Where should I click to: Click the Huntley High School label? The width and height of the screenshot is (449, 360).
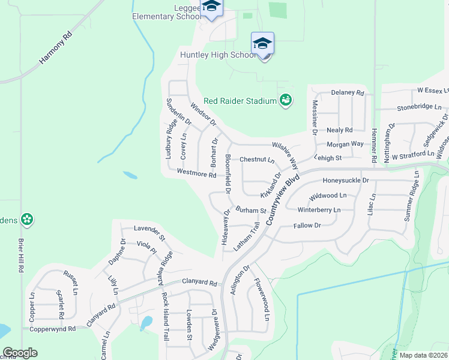coord(218,55)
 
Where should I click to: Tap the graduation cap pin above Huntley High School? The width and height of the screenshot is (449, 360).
coord(262,44)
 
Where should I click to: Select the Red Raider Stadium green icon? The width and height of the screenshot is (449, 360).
coord(286,100)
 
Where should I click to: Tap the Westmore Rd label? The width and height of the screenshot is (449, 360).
coord(196,174)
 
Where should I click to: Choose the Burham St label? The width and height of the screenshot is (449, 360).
coord(250,211)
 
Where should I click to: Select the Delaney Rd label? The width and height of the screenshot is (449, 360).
coord(348,93)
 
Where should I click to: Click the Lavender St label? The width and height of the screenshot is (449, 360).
coord(148,229)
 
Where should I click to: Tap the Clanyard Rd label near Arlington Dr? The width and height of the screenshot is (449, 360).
coord(200,282)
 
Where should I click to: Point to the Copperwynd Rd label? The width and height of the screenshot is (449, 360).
coord(55,329)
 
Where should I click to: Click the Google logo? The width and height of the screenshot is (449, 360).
coord(20,353)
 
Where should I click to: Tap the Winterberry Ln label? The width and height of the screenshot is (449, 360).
coord(319,210)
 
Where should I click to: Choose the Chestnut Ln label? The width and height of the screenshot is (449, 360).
coord(256,160)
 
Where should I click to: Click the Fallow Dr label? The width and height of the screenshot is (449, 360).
coord(307,226)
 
